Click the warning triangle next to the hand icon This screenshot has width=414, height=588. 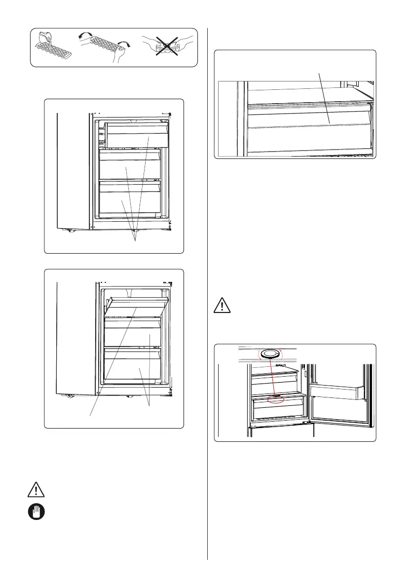pos(36,490)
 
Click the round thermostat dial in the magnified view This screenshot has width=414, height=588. pos(269,353)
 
